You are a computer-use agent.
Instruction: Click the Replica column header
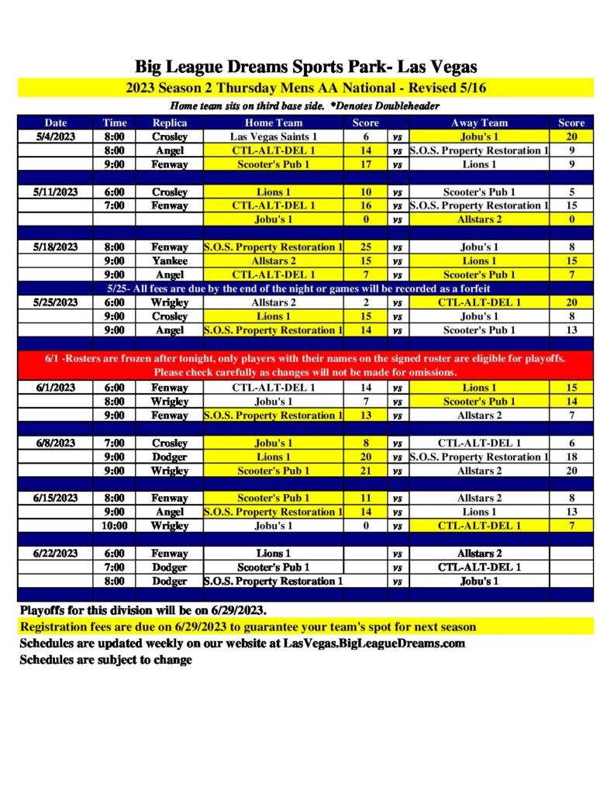point(170,123)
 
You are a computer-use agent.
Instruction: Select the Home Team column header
point(274,123)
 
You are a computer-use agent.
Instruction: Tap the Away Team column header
point(479,123)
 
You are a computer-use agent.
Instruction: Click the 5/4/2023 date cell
point(56,136)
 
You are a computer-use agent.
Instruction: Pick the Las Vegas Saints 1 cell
point(274,136)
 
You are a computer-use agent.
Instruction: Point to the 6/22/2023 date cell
point(56,554)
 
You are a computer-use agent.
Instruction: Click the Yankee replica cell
point(170,261)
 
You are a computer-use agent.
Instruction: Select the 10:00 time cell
point(115,526)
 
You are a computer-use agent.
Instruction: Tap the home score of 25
point(366,247)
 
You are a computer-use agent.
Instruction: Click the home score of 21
point(366,471)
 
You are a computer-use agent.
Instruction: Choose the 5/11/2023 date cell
point(56,192)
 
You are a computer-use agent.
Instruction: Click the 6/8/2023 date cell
point(56,443)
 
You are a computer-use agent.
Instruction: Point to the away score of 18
point(571,457)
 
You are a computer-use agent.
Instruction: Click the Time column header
point(115,123)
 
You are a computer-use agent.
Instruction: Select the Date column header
point(56,123)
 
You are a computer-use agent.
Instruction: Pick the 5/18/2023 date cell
point(56,247)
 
